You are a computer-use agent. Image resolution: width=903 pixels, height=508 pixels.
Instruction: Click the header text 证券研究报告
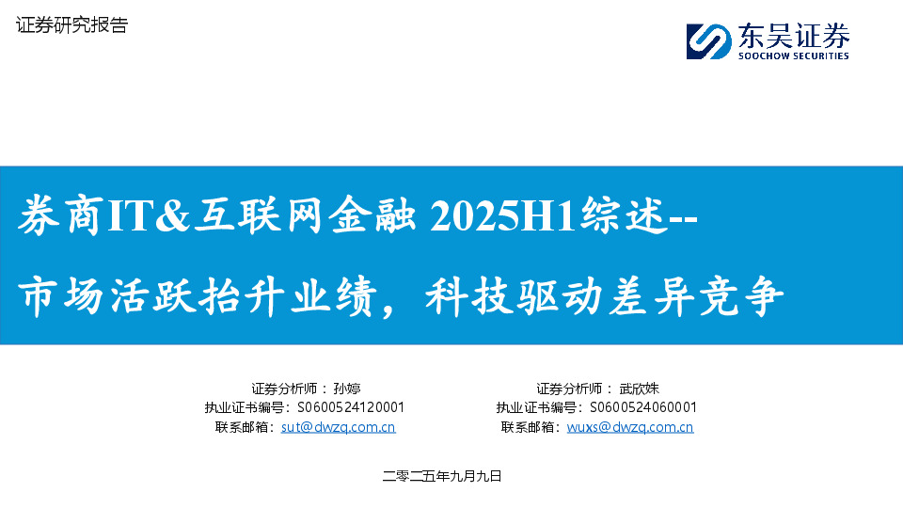point(72,26)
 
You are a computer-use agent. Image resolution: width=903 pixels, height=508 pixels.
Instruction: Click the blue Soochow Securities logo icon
point(709,41)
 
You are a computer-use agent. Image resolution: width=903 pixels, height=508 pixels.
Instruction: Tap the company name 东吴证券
point(795,36)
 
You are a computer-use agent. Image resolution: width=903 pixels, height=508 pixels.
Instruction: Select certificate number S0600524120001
point(351,407)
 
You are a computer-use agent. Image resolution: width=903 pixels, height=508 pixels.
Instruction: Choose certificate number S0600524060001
point(642,407)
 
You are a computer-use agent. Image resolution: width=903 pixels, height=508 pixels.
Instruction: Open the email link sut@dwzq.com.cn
point(339,427)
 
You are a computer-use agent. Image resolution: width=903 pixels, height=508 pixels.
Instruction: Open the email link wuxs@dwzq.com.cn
point(630,427)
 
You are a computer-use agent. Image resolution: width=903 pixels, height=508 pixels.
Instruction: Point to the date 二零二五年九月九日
point(443,477)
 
